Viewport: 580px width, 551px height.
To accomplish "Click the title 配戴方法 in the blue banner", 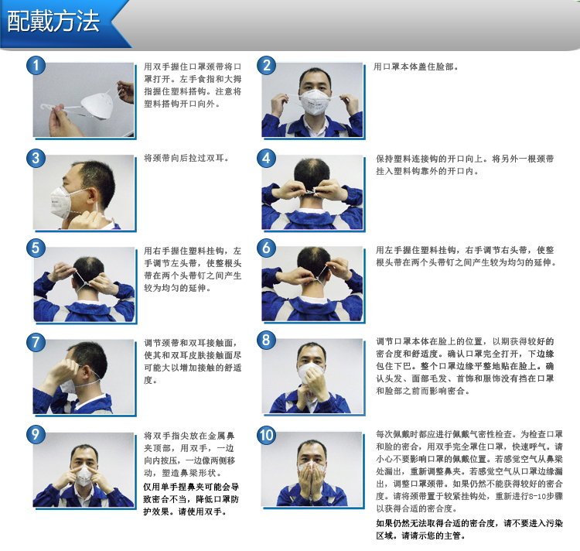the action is pyautogui.click(x=53, y=21).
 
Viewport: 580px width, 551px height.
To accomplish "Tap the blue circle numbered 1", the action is pyautogui.click(x=36, y=66).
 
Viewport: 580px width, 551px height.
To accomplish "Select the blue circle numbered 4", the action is pyautogui.click(x=266, y=159).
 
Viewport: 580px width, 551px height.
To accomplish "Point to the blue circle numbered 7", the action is pyautogui.click(x=36, y=342).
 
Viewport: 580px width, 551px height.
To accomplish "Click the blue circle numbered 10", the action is pyautogui.click(x=266, y=435).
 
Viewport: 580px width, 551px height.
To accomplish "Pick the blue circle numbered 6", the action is pyautogui.click(x=266, y=248).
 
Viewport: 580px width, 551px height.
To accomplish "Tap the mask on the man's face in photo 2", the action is pyautogui.click(x=314, y=101).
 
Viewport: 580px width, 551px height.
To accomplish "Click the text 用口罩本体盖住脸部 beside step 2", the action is pyautogui.click(x=415, y=67).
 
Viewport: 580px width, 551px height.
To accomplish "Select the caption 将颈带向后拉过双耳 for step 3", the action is pyautogui.click(x=186, y=159).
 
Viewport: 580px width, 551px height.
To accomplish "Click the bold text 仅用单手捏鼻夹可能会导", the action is pyautogui.click(x=191, y=487).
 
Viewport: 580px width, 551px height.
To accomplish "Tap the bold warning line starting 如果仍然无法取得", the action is pyautogui.click(x=469, y=523).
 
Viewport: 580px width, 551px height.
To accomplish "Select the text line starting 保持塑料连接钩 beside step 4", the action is pyautogui.click(x=465, y=159).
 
